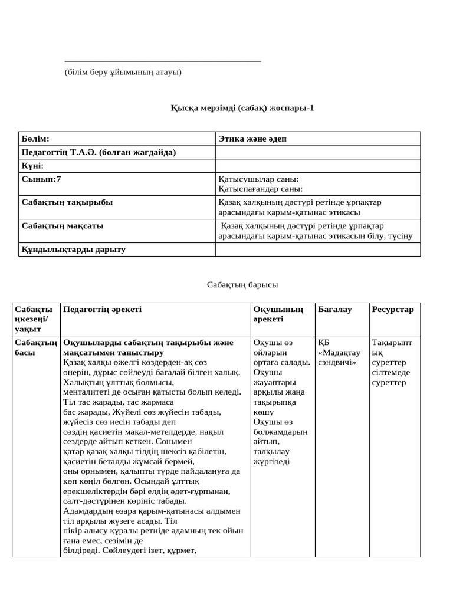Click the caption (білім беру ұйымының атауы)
123,72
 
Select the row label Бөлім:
35,139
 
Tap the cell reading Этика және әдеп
253,139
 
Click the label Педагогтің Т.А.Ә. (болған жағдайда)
99,152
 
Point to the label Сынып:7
41,179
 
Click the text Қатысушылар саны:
258,179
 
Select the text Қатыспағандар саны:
260,189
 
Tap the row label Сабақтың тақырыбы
67,202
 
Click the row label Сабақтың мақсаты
65,226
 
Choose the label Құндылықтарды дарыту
74,250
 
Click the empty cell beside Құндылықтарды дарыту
318,250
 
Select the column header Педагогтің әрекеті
102,310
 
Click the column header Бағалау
334,310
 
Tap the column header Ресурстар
393,310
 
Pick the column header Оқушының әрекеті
278,314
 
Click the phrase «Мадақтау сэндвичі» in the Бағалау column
338,357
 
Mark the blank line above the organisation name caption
162,61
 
